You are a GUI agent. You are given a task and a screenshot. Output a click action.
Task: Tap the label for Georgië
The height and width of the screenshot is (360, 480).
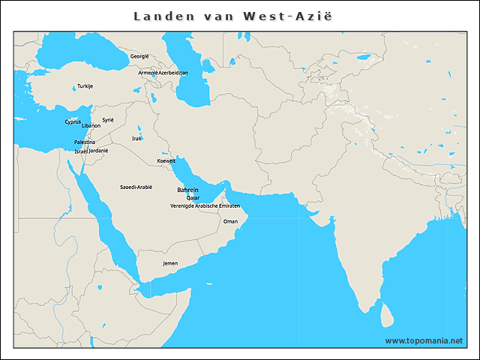[x=139, y=56]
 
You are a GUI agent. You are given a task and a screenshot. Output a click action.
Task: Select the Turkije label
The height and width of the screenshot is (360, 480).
[x=85, y=86]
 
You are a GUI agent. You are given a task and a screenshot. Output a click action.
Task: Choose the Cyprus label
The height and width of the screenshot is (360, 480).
[x=73, y=121]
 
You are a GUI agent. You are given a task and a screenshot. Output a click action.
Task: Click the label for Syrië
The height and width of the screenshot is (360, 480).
[x=108, y=119]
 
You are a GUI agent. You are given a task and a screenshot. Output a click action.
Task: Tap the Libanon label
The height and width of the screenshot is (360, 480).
[x=91, y=126]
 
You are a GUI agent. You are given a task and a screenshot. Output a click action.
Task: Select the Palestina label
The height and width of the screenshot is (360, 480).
[x=85, y=142]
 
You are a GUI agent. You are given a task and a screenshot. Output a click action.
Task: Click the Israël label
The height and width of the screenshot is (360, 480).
[x=81, y=151]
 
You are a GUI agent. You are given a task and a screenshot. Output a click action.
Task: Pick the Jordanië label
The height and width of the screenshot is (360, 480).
[x=99, y=150]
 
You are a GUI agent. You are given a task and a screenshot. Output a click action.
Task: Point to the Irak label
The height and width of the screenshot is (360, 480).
[x=136, y=138]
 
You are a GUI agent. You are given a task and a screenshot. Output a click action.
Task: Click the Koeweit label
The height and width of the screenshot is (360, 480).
[x=166, y=161]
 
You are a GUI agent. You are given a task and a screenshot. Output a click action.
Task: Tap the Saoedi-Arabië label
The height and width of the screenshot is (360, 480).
[x=136, y=187]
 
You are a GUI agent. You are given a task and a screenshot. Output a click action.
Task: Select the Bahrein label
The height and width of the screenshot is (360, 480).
[x=187, y=190]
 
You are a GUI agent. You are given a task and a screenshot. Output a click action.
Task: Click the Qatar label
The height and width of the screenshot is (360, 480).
[x=193, y=198]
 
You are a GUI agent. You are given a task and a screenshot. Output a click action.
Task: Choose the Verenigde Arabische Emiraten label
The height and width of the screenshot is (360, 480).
[x=205, y=205]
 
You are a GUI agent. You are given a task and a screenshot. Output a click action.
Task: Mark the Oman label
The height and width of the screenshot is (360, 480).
[x=230, y=221]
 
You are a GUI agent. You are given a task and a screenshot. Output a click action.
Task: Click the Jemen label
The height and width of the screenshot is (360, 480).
[x=170, y=264]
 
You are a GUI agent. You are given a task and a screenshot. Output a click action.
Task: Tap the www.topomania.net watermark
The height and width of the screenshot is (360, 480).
[x=424, y=340]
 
